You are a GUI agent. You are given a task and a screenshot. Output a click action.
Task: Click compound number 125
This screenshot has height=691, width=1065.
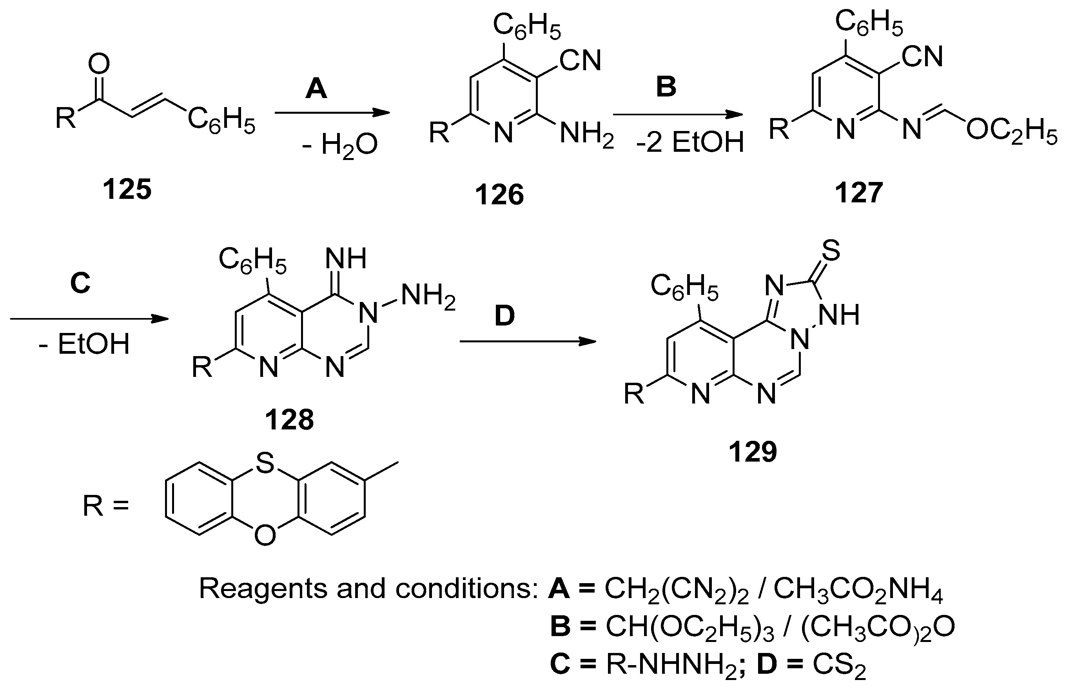point(127,189)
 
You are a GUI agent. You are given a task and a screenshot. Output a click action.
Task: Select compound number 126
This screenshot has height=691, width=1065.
point(499,195)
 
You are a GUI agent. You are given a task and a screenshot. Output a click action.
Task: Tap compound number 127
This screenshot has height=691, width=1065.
point(859,193)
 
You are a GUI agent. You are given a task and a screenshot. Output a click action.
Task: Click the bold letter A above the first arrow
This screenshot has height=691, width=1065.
point(316,88)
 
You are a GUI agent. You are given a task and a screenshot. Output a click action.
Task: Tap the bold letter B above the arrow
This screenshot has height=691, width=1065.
point(666,87)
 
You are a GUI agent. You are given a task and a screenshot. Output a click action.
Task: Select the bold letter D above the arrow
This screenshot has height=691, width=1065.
point(504,316)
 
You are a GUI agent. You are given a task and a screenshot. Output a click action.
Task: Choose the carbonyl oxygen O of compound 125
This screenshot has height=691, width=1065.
point(98,64)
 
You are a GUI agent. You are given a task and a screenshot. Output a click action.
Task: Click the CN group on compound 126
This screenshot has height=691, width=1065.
point(581,61)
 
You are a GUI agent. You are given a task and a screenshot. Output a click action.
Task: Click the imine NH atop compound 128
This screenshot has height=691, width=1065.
point(346,258)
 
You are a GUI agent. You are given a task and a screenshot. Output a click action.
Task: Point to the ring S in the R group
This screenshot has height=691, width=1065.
point(265,464)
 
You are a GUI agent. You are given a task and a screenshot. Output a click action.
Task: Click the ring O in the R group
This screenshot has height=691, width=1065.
point(265,535)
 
